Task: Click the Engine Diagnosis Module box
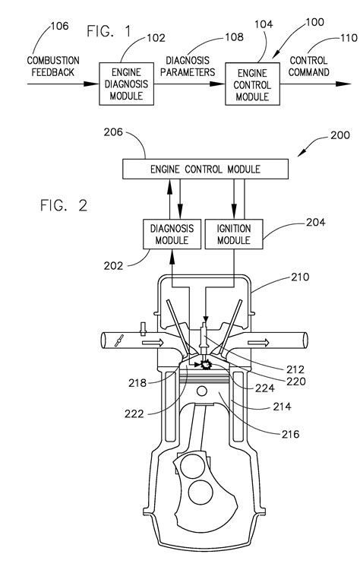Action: tap(126, 84)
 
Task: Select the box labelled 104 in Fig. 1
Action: tap(252, 84)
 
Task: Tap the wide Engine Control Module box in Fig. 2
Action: tap(205, 169)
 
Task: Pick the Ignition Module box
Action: tap(234, 234)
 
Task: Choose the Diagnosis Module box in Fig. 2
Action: tap(172, 234)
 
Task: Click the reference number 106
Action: tap(59, 26)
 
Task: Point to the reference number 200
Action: tap(340, 135)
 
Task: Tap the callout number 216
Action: tap(290, 434)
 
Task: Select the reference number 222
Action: tap(134, 413)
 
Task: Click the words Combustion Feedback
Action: tap(53, 67)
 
